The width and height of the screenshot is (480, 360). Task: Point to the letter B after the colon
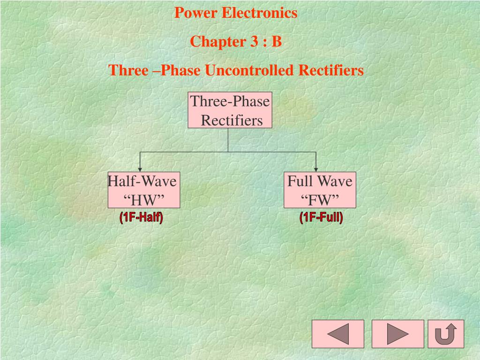point(277,42)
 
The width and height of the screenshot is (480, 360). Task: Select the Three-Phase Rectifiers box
point(230,110)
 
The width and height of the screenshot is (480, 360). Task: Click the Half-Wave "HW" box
point(143,190)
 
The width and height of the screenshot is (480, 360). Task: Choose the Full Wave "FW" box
point(320,190)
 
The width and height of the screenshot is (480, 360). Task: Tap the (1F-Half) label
point(141,217)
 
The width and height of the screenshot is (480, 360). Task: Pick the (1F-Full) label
point(322,217)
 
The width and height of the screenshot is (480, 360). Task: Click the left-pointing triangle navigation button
point(338,334)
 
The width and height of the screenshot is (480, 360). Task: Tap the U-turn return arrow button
point(446,334)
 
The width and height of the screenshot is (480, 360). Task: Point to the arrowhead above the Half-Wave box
point(140,169)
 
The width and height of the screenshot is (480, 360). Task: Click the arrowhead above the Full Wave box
point(316,169)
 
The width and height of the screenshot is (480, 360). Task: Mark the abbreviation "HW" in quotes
point(144,200)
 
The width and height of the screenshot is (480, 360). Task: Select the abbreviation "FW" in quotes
point(320,200)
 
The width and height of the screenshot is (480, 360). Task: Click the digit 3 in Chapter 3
point(254,42)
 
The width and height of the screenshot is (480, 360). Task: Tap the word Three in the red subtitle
point(125,71)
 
